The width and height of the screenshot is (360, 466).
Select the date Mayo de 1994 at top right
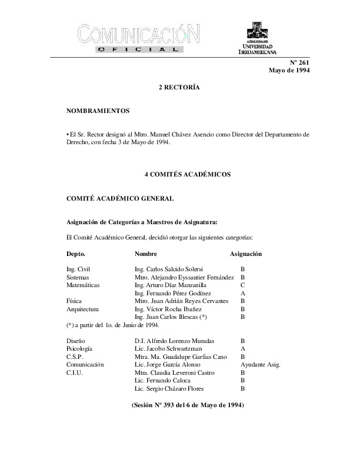coord(289,71)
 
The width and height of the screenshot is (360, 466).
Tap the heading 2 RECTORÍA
coord(179,87)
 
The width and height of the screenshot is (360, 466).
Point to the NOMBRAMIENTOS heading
coord(98,111)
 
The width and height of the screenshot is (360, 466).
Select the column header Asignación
coord(245,254)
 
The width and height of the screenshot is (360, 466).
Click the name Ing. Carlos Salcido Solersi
coord(169,268)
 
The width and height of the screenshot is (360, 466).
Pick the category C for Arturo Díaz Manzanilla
coord(243,285)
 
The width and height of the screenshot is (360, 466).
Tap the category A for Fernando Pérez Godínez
coord(243,293)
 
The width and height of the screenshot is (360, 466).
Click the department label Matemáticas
coord(83,285)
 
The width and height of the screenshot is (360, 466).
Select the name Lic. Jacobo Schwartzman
coord(166,349)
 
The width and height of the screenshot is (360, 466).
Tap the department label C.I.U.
coord(75,373)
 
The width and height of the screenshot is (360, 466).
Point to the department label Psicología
coord(79,349)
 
